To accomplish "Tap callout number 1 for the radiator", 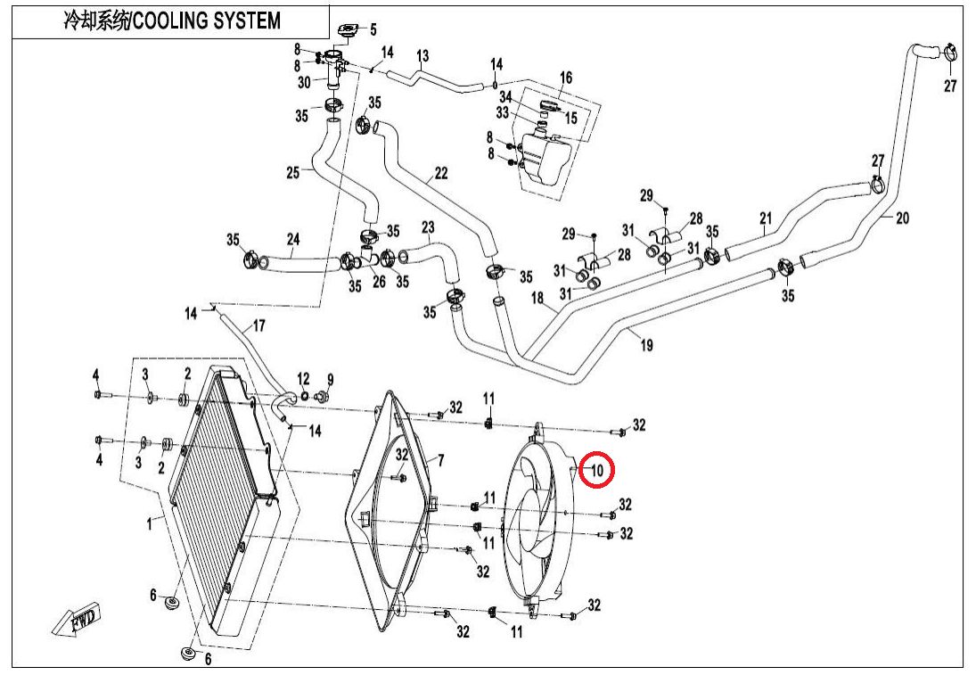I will pos(149,525).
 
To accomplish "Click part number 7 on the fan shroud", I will pos(439,460).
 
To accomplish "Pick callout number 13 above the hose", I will pos(422,56).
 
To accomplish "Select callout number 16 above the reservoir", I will pos(565,78).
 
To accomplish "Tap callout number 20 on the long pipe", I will pos(902,218).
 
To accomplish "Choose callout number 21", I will pos(765,218).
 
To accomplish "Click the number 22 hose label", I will pos(440,175).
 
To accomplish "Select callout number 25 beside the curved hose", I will pos(293,173).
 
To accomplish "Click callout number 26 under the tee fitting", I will pos(378,283).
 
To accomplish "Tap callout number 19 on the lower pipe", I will pos(646,345).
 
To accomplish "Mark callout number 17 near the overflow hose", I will pos(259,325).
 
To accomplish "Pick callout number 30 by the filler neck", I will pos(304,82).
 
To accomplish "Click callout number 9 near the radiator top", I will pos(330,379).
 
